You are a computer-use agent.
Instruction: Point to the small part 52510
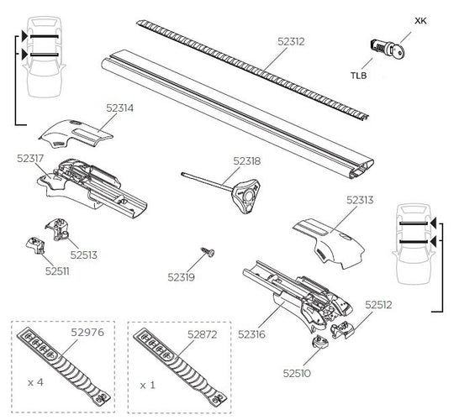(322, 344)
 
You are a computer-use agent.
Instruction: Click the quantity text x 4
(36, 382)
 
